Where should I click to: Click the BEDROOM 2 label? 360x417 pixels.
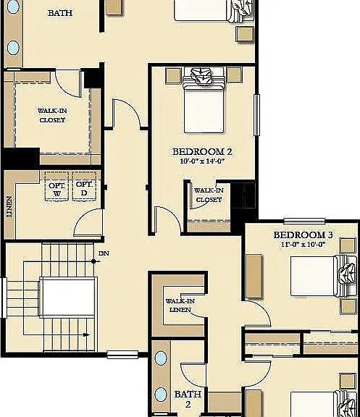tap(201, 151)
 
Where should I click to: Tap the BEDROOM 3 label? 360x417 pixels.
tap(303, 235)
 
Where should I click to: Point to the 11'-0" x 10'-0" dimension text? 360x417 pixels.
tap(303, 245)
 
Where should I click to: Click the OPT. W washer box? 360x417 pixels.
tap(56, 189)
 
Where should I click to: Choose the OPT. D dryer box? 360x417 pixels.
tap(84, 189)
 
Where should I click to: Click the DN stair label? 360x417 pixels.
tap(104, 253)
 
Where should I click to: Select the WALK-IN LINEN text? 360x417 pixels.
tap(179, 305)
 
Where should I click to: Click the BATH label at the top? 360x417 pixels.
tap(59, 13)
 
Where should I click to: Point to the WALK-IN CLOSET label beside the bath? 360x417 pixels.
tap(51, 115)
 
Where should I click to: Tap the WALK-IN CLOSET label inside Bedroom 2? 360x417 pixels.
tap(209, 194)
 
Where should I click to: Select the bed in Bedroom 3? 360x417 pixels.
tap(319, 275)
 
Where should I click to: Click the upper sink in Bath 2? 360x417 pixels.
tap(161, 359)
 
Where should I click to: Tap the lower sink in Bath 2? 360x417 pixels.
tap(161, 395)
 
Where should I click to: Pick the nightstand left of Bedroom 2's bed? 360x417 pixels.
tap(172, 75)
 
